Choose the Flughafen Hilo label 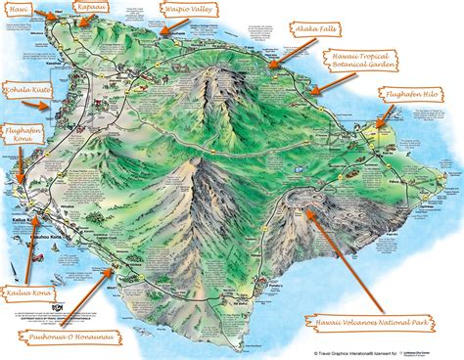[x=415, y=97]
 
